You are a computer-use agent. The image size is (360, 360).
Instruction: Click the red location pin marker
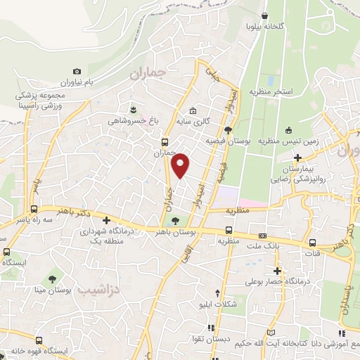coord(181,165)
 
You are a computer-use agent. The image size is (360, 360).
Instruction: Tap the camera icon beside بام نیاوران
coord(77,72)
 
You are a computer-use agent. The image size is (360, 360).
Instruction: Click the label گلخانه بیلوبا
coord(264,26)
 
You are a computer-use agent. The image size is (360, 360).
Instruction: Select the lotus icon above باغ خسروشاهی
coord(134,108)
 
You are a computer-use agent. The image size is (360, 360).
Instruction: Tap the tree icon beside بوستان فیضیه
coord(228,129)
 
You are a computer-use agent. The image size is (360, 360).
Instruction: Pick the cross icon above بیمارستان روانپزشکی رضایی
coord(299,157)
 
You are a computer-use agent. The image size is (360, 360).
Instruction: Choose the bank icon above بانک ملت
coord(263,236)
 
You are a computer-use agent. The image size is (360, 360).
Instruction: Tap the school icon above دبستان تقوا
coord(217,292)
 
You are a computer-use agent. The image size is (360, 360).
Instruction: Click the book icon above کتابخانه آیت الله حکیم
coord(271,330)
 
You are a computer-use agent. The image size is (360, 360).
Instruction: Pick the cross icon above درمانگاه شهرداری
coord(106,220)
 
